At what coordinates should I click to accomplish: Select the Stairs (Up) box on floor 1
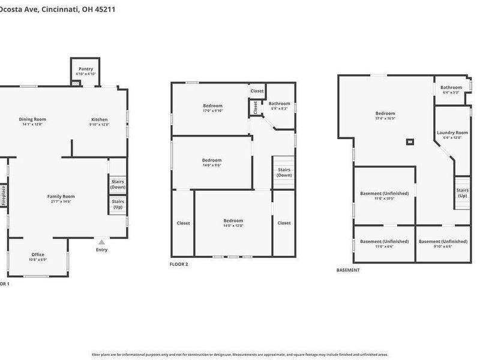(x=118, y=204)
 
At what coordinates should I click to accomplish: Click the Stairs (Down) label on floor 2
(x=284, y=172)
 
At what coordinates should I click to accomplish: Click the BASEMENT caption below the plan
(x=348, y=270)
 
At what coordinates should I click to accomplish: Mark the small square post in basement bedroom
(x=410, y=142)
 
